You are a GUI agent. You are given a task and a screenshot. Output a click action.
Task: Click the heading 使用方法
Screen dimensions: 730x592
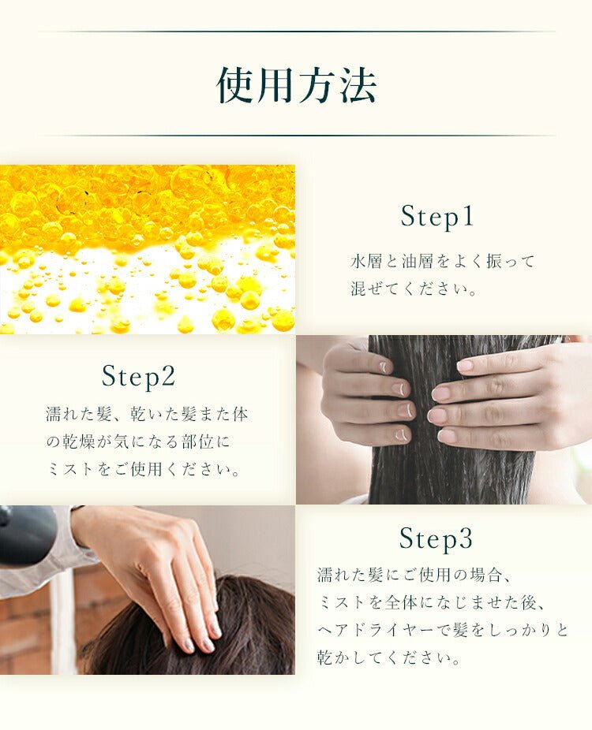[x=296, y=85]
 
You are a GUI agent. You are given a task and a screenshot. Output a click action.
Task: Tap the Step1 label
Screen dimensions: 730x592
[x=437, y=216]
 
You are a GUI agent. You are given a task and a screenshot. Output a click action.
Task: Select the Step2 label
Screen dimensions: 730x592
[x=138, y=376]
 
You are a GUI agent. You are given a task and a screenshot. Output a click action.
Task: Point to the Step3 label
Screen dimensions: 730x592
[x=436, y=539]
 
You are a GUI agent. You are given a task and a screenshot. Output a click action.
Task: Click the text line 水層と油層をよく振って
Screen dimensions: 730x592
[x=443, y=261]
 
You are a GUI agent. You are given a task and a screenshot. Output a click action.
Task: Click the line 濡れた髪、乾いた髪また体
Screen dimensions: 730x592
[x=147, y=415]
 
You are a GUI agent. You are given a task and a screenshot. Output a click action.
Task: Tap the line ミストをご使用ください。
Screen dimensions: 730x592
[x=143, y=470]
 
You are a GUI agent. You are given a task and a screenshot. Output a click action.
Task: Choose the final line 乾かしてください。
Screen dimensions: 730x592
[x=389, y=658]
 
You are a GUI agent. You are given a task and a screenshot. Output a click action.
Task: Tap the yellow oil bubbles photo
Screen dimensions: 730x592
[x=148, y=248]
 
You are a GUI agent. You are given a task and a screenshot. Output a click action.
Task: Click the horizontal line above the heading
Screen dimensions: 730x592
[x=296, y=32]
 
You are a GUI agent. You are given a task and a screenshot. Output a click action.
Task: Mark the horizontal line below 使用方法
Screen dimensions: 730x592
[x=296, y=136]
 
